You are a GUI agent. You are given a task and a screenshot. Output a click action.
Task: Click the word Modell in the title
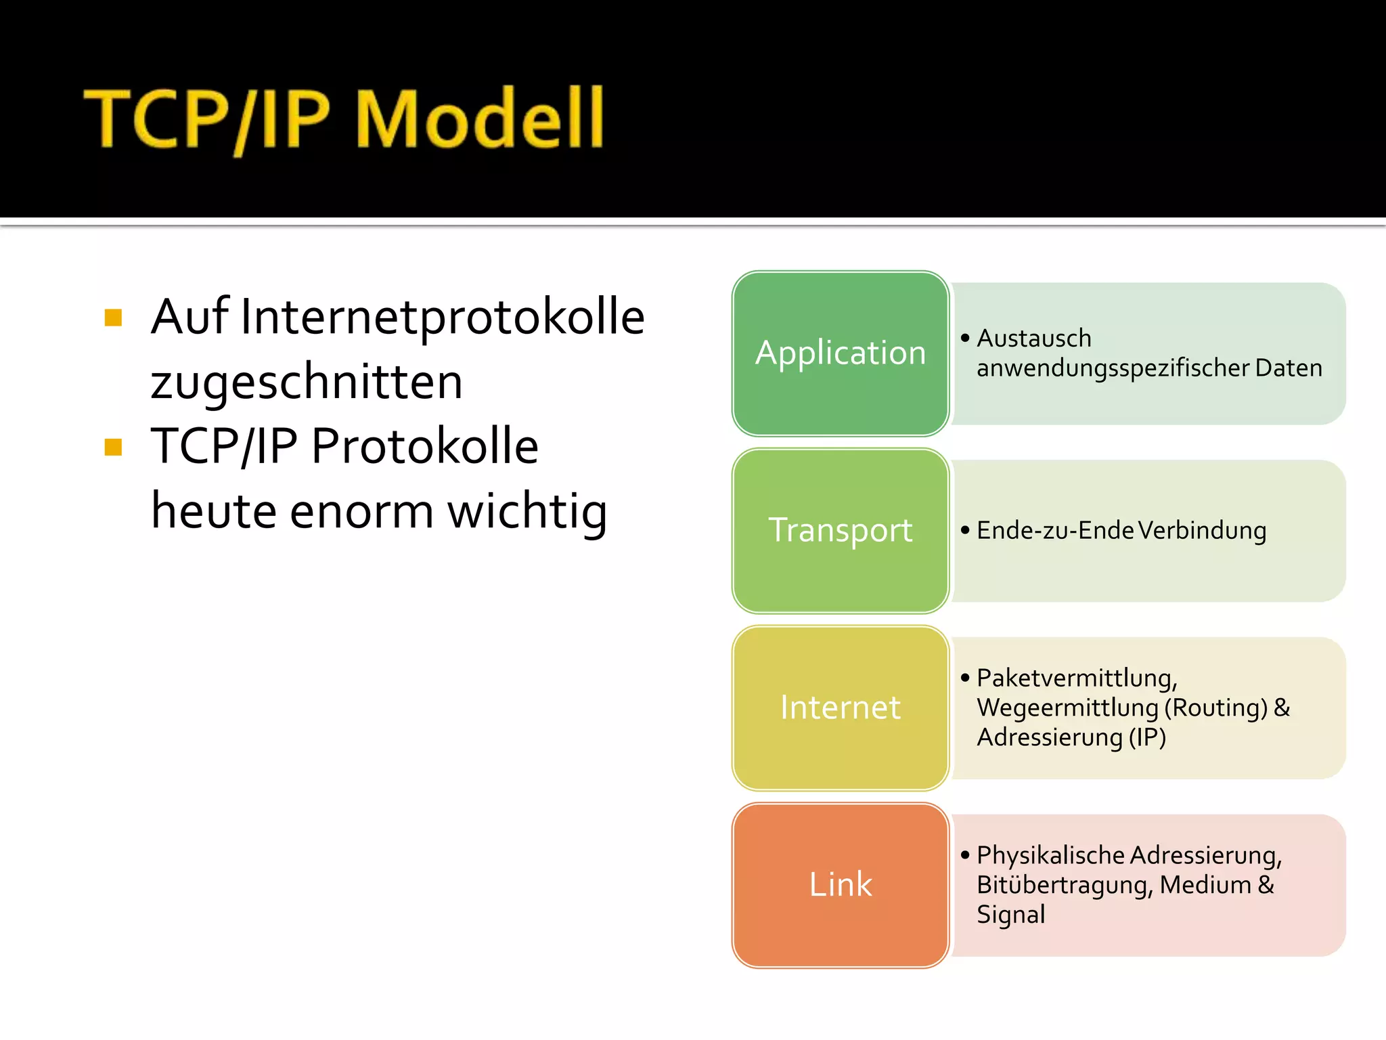click(479, 119)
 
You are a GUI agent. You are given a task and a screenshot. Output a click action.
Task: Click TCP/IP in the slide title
click(207, 119)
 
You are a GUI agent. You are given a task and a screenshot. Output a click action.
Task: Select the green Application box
click(841, 353)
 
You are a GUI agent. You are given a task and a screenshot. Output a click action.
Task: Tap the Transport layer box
click(841, 531)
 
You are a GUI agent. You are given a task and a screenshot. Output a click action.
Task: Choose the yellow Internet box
click(841, 708)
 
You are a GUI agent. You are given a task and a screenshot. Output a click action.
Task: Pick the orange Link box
click(841, 885)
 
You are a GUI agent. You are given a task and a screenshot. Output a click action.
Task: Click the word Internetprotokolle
click(443, 317)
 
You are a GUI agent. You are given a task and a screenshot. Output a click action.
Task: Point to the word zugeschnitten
click(307, 382)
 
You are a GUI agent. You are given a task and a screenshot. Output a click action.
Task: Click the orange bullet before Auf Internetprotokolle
click(114, 318)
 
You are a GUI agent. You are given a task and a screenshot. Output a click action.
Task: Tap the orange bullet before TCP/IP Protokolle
click(114, 447)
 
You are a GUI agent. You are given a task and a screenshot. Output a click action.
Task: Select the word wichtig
click(527, 511)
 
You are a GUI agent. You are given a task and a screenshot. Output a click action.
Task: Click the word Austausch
click(1033, 338)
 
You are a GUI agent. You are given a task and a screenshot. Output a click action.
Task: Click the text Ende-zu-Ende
click(1056, 530)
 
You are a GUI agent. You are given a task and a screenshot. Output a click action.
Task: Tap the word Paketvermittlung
click(1076, 678)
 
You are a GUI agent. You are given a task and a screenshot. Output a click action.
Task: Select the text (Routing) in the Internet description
click(1215, 708)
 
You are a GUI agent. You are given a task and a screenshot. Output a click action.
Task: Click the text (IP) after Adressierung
click(1147, 737)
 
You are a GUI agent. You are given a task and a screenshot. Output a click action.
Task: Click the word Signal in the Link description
click(1010, 915)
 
